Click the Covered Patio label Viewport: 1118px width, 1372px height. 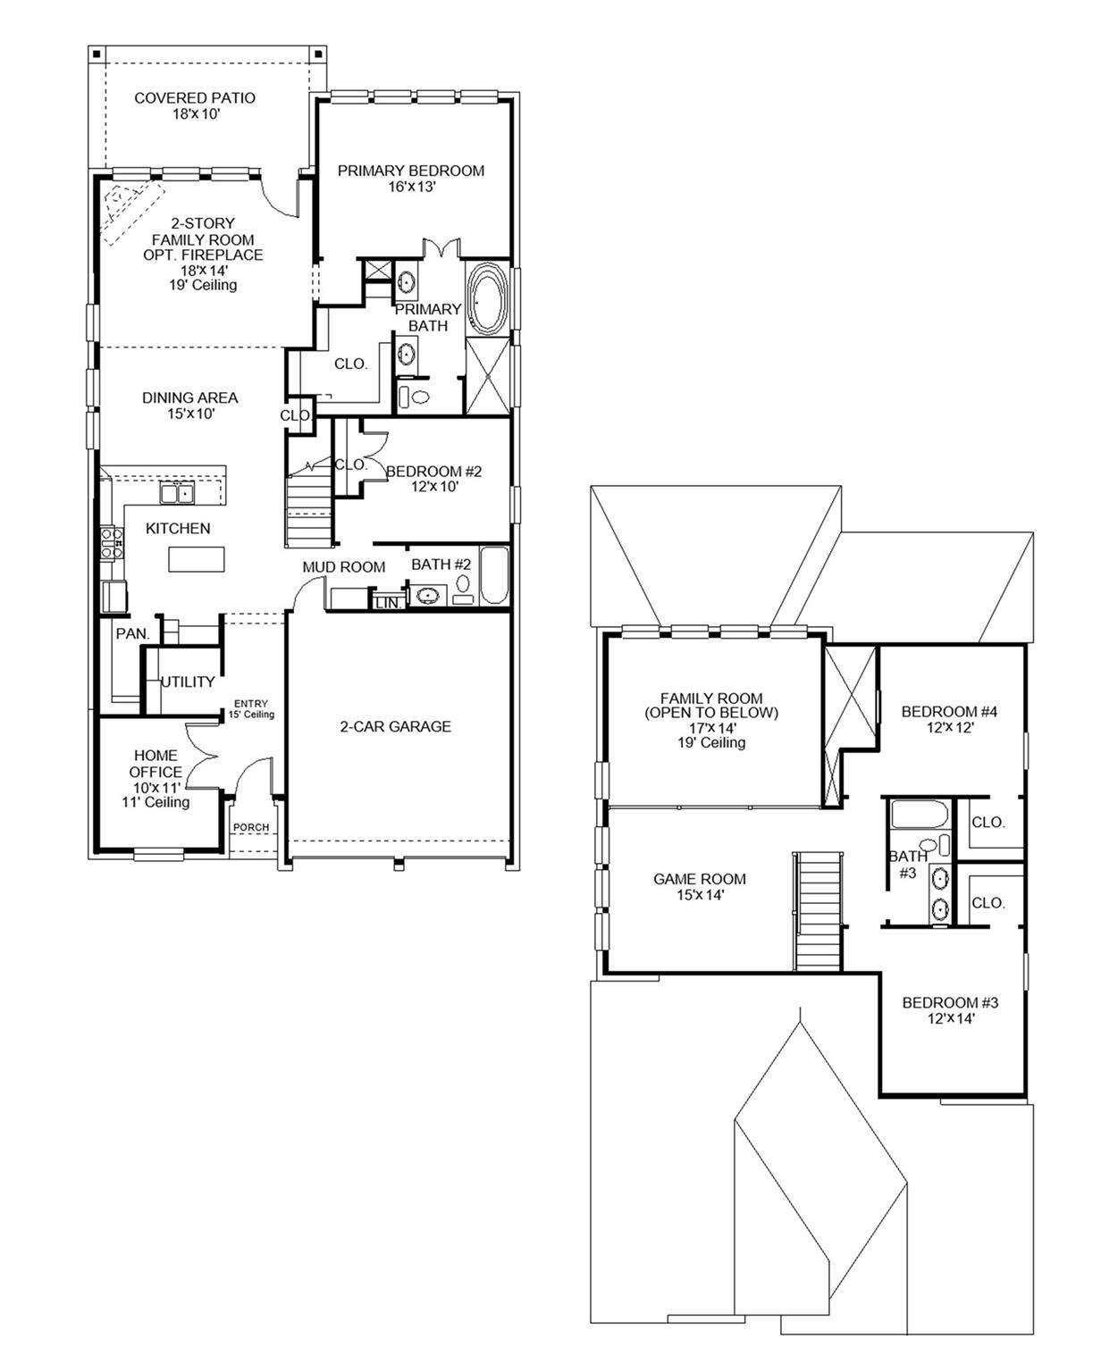coord(195,105)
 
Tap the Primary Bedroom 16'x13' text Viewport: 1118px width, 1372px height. coord(411,178)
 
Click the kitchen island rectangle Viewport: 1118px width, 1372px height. coord(197,559)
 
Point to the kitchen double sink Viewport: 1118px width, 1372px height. coord(177,492)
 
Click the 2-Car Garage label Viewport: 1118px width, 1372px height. coord(395,726)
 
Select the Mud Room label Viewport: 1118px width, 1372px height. coord(344,566)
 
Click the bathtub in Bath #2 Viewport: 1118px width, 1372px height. coord(493,576)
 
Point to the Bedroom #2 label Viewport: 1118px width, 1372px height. coord(434,478)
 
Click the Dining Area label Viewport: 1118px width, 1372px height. coord(190,406)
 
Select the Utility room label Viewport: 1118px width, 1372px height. coord(188,682)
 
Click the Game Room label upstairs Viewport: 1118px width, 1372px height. coord(700,886)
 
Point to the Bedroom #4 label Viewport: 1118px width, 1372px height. coord(949,719)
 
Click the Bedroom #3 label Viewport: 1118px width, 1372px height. coord(950,1009)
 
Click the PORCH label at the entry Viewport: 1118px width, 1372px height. coord(251,827)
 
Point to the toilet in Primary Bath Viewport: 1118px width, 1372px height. coord(414,396)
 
